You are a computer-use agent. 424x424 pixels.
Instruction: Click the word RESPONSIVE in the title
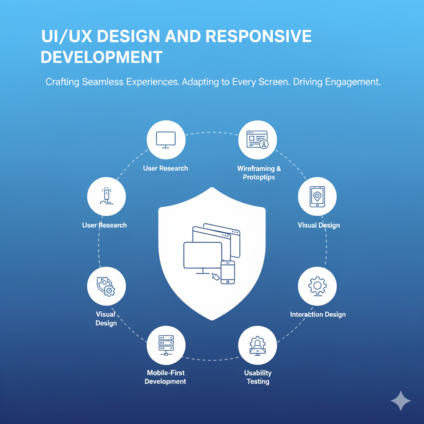(x=258, y=36)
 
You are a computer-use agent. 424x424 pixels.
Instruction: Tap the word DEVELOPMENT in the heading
(x=101, y=57)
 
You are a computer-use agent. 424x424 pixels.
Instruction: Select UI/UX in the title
(x=66, y=36)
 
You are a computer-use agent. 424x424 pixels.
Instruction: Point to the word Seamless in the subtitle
(x=103, y=82)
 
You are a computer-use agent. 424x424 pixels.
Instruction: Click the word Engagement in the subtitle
(x=352, y=82)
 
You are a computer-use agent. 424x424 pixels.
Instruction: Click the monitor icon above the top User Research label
(x=166, y=140)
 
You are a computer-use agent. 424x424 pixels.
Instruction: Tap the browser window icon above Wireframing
(x=258, y=140)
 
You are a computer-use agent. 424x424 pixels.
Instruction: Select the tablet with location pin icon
(x=317, y=197)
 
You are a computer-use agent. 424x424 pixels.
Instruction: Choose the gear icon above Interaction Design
(x=318, y=286)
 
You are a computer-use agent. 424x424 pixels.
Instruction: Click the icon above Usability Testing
(x=258, y=346)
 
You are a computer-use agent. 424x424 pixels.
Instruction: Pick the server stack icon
(x=166, y=345)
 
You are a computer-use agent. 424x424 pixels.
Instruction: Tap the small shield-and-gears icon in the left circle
(x=106, y=286)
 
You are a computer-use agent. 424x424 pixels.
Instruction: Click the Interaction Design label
(x=318, y=314)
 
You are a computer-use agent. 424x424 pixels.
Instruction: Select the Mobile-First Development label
(x=165, y=377)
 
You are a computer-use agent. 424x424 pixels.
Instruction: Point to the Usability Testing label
(x=258, y=377)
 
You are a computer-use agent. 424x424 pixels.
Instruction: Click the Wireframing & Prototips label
(x=259, y=173)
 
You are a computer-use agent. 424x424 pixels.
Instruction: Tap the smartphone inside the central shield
(x=228, y=272)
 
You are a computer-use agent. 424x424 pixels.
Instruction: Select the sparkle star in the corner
(x=401, y=400)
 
